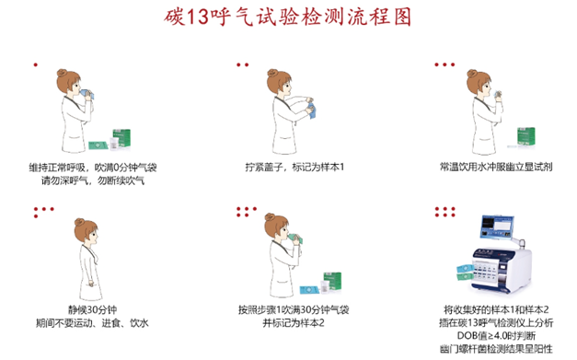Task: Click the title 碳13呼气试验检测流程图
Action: [x=288, y=18]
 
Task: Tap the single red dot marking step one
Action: [x=35, y=64]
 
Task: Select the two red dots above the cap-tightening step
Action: [x=242, y=64]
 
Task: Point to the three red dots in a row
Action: [x=444, y=64]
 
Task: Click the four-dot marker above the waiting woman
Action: [x=40, y=212]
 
